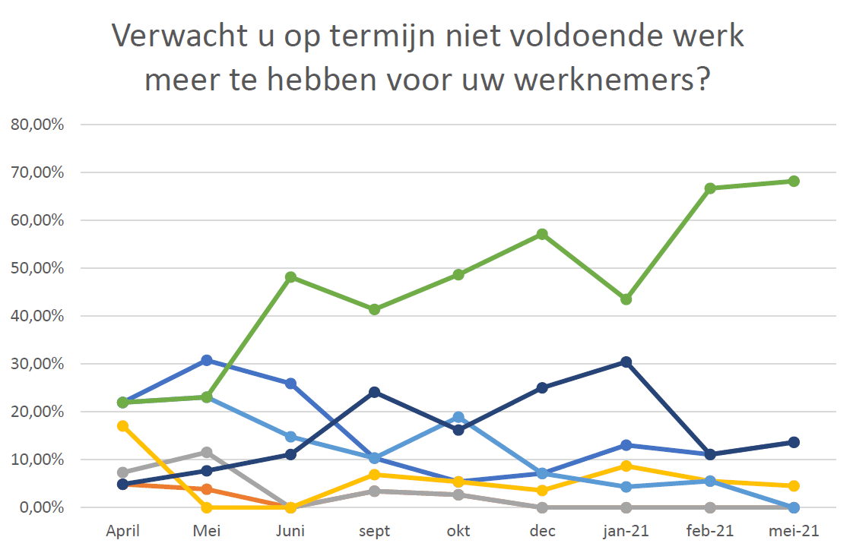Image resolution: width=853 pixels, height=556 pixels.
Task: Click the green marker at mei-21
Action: pyautogui.click(x=793, y=181)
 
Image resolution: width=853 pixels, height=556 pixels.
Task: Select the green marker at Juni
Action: pyautogui.click(x=290, y=277)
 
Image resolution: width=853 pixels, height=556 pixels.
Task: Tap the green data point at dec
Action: pyautogui.click(x=542, y=234)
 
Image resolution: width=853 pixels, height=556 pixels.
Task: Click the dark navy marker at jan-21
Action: pyautogui.click(x=626, y=362)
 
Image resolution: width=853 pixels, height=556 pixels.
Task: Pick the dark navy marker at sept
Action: pyautogui.click(x=374, y=392)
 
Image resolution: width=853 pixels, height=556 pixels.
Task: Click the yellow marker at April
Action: pyautogui.click(x=123, y=426)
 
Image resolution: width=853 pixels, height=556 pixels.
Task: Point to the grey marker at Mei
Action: pyautogui.click(x=207, y=452)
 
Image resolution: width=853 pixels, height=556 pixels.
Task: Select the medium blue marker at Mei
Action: pyautogui.click(x=207, y=360)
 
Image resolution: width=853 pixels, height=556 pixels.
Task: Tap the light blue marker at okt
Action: pyautogui.click(x=458, y=417)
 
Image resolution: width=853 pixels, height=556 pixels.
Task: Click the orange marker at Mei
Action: pyautogui.click(x=207, y=489)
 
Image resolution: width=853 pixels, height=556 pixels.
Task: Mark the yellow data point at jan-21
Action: pyautogui.click(x=626, y=466)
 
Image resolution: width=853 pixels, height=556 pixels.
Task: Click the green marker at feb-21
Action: pyautogui.click(x=709, y=188)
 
